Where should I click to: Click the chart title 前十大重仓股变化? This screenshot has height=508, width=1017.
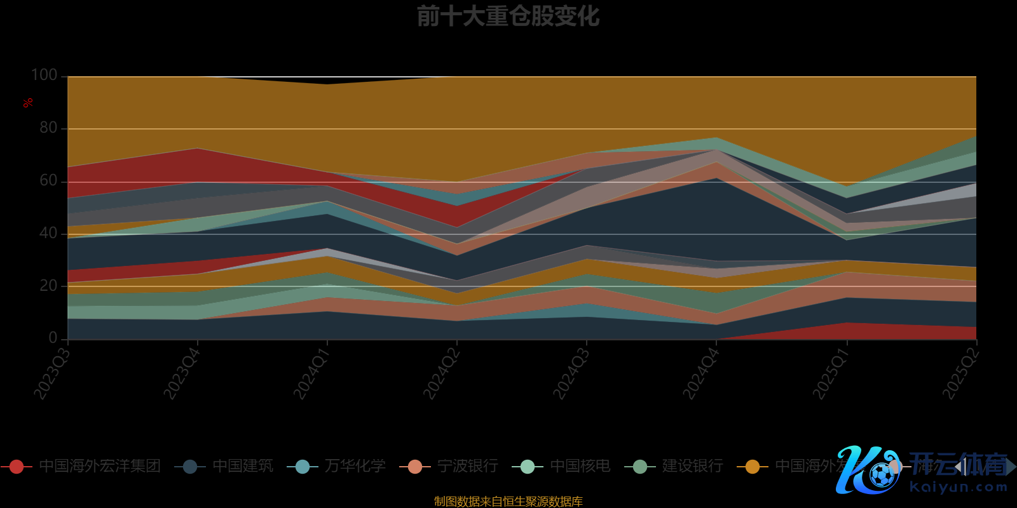[x=508, y=17]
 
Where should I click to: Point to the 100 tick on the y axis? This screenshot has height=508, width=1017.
[x=44, y=76]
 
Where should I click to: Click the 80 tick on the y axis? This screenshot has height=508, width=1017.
[x=48, y=128]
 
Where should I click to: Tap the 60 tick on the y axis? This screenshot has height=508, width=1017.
[x=48, y=181]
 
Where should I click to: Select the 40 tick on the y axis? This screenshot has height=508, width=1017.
[x=48, y=234]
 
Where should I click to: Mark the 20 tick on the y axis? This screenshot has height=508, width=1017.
[x=48, y=286]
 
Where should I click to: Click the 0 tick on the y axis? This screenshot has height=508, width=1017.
[x=53, y=338]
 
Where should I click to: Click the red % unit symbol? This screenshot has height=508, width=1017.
[x=27, y=103]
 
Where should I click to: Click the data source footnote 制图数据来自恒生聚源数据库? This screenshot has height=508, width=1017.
[x=508, y=502]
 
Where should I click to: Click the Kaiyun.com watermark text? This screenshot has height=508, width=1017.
[x=959, y=488]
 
